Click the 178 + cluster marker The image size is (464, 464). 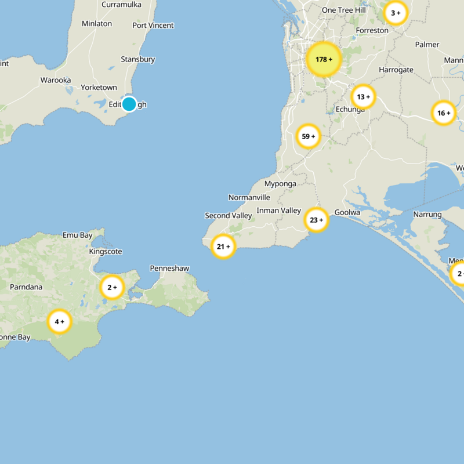click(324, 59)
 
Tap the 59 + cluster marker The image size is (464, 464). click(309, 137)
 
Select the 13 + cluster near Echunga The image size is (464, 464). click(364, 97)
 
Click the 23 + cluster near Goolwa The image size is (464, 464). click(317, 220)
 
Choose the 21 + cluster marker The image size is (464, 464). click(223, 246)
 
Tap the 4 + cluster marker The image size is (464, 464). click(59, 321)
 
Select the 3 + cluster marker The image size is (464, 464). click(396, 13)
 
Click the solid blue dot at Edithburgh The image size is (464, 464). click(129, 104)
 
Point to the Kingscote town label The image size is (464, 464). click(106, 252)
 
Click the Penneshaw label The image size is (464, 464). click(169, 268)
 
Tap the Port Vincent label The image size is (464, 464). click(153, 25)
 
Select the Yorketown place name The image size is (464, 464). click(99, 87)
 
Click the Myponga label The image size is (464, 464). click(280, 184)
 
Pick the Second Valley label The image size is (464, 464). click(229, 216)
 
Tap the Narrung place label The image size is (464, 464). click(427, 215)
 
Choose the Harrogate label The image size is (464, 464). click(396, 70)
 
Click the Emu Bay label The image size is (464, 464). click(78, 235)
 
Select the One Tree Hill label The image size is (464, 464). click(344, 10)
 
